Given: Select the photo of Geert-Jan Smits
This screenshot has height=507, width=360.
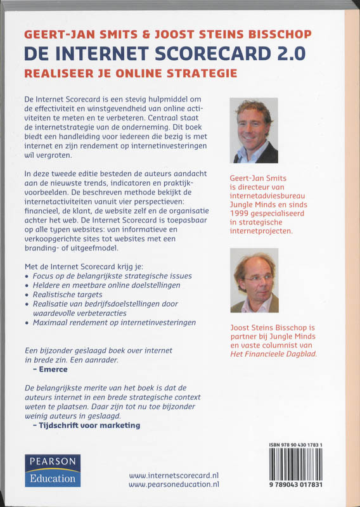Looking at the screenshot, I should coord(254,131).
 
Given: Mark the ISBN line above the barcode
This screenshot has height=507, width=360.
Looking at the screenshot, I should coord(300,446).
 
